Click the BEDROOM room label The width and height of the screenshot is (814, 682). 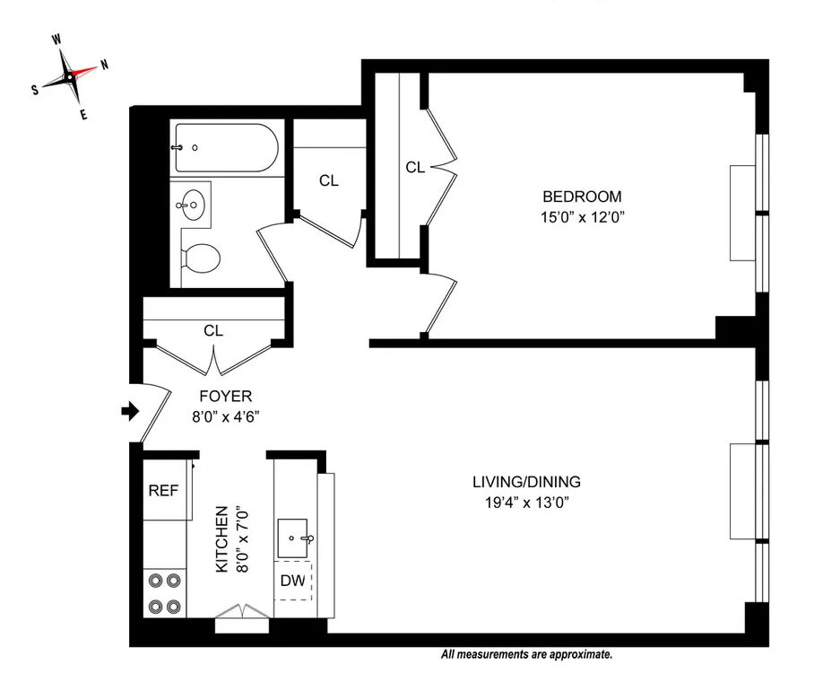tap(581, 197)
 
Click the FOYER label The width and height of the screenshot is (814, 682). tap(225, 396)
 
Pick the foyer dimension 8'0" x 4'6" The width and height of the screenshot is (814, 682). tap(225, 415)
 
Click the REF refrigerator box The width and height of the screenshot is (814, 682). tap(163, 491)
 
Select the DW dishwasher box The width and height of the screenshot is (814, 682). tap(293, 580)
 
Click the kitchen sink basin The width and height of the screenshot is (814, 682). tap(294, 537)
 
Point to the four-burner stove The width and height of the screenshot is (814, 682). tap(163, 592)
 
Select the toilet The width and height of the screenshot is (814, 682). tap(201, 258)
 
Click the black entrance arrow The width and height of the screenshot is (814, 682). tap(131, 412)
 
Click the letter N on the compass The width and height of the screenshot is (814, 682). tap(104, 65)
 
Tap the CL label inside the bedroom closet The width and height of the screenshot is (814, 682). tap(414, 167)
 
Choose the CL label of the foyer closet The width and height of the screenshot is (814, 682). tap(212, 330)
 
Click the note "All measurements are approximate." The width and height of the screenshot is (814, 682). tap(526, 656)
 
